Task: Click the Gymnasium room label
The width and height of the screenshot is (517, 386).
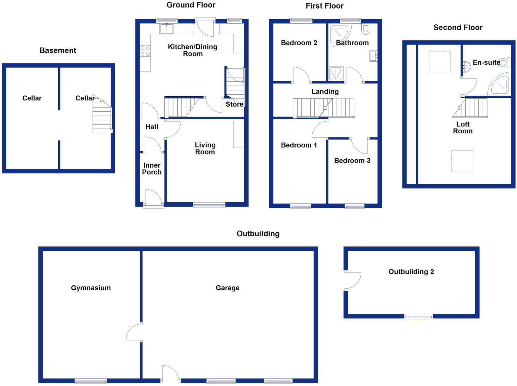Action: pos(91,288)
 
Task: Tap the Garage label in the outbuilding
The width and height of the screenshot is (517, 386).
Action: pos(227,288)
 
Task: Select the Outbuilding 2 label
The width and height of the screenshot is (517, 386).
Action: pos(411,272)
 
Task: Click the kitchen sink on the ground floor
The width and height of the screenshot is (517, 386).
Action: pos(167,29)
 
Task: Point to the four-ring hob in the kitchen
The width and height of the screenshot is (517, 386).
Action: pos(145,51)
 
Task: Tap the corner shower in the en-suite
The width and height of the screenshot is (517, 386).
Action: pos(501,85)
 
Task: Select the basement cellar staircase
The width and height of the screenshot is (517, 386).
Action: pos(102,117)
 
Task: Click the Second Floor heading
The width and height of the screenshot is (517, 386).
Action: pos(458,28)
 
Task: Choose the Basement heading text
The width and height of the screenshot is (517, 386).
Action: pos(58,50)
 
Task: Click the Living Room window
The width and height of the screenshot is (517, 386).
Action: pos(209,205)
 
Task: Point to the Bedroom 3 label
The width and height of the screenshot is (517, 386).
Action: pos(352,161)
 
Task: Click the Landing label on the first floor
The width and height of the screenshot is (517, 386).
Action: pos(325,92)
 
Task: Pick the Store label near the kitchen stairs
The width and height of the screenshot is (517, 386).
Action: pos(235,104)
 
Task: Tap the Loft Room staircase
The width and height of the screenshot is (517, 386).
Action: pos(471,108)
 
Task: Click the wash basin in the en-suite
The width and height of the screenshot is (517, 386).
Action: pos(466,67)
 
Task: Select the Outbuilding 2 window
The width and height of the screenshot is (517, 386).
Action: pos(419,316)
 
